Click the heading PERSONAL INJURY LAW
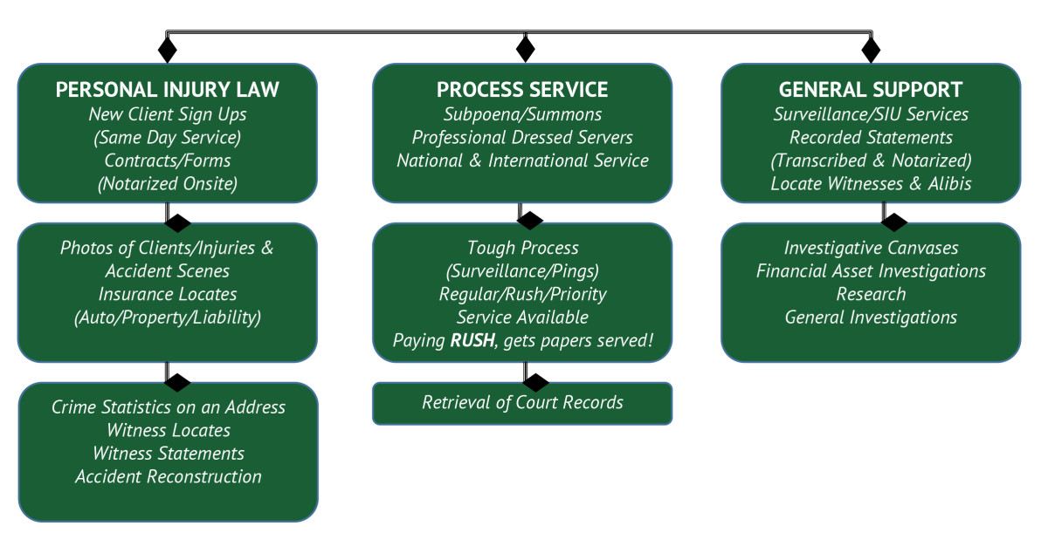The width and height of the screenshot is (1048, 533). pos(168,90)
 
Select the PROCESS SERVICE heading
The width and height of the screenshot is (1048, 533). pos(522,90)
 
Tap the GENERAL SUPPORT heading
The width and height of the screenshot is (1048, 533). pos(871,90)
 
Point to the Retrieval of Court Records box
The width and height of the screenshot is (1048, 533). pos(522,403)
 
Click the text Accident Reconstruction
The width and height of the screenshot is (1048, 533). pos(168,476)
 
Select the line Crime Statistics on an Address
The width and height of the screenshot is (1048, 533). pos(168,407)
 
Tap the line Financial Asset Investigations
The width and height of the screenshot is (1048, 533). pos(871,271)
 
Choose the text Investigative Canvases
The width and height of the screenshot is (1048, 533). pos(871,248)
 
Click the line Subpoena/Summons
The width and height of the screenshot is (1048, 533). pos(522,114)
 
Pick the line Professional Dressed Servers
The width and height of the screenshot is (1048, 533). pos(522,137)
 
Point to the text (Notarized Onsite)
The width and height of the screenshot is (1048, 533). pos(168,183)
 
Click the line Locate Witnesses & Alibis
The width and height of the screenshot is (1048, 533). pos(871,183)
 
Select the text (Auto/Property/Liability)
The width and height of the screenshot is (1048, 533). pos(168,317)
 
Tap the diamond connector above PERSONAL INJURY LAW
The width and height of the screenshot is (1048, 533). pos(168,49)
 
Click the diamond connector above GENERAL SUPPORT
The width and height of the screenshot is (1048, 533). pos(871,49)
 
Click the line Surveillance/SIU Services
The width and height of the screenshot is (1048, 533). pos(871,114)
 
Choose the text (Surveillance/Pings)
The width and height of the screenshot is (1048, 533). pos(522,271)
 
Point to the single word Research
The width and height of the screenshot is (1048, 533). pos(871,294)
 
